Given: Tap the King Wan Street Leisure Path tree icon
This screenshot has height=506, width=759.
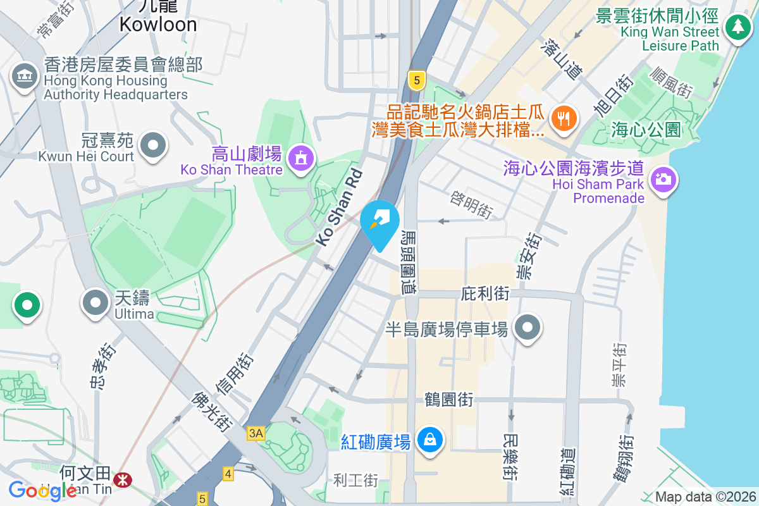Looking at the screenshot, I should (737, 27).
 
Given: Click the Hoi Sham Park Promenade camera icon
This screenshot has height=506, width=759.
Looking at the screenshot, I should (662, 180).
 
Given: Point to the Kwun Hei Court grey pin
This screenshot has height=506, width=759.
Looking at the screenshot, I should (152, 145).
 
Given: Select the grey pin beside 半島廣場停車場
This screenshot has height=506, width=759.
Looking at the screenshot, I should (527, 328).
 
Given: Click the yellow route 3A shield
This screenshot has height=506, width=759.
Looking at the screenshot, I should (256, 433).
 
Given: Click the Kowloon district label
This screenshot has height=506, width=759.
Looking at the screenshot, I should (158, 24).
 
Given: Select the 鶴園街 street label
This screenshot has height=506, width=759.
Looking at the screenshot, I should (449, 400).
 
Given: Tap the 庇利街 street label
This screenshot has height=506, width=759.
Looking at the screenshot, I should (485, 293).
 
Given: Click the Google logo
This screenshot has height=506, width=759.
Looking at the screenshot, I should (42, 490).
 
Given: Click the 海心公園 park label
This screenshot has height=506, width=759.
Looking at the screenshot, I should (646, 130).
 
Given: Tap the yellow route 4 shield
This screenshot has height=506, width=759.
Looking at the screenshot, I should (228, 473).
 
